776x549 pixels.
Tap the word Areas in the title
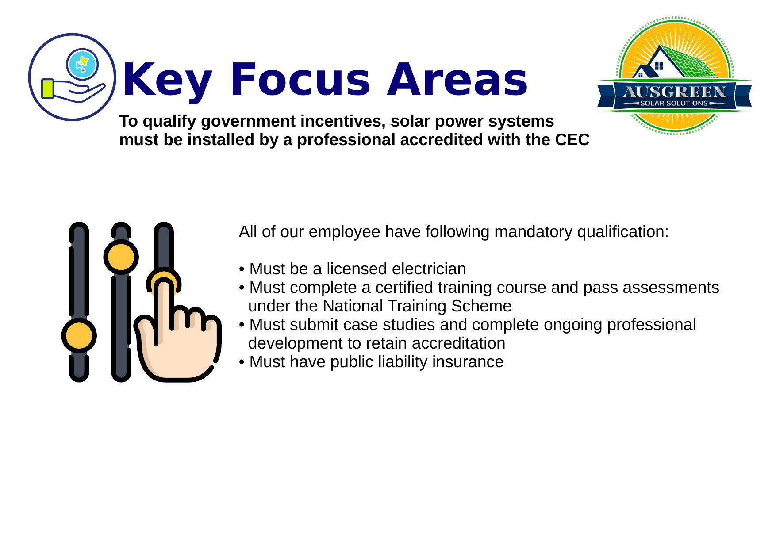[x=457, y=80]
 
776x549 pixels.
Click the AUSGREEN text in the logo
[x=674, y=92]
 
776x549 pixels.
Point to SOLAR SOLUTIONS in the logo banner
[x=674, y=104]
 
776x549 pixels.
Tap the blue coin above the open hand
[x=82, y=64]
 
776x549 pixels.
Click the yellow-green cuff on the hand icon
[x=47, y=88]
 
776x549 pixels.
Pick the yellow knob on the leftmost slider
[x=79, y=335]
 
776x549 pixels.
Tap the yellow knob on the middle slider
[x=121, y=257]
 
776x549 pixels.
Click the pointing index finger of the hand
[x=164, y=310]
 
